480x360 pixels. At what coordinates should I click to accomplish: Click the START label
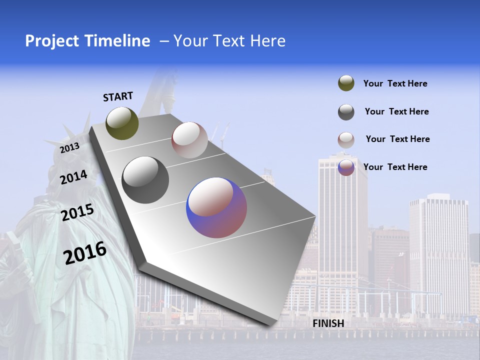[x=118, y=96]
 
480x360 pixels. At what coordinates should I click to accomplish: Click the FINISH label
[x=328, y=323]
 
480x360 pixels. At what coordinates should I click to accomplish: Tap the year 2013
[x=70, y=148]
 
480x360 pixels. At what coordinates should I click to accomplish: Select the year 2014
[x=74, y=177]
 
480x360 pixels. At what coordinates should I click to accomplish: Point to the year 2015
[x=77, y=212]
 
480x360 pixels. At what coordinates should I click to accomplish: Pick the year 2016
[x=85, y=253]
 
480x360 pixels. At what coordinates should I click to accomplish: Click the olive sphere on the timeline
[x=122, y=123]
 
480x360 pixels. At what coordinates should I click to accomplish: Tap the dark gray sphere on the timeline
[x=145, y=180]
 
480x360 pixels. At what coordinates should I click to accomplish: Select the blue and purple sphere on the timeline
[x=216, y=207]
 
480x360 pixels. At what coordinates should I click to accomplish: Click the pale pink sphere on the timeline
[x=189, y=140]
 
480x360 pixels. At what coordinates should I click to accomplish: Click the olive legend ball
[x=346, y=83]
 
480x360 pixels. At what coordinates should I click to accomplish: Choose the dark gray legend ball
[x=346, y=112]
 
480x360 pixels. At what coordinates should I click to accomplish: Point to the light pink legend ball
[x=346, y=140]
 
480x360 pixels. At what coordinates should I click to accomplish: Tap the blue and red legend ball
[x=346, y=167]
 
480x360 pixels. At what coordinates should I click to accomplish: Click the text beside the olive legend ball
[x=395, y=83]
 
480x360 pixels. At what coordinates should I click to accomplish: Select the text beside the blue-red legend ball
[x=395, y=167]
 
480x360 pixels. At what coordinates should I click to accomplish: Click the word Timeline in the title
[x=117, y=41]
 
